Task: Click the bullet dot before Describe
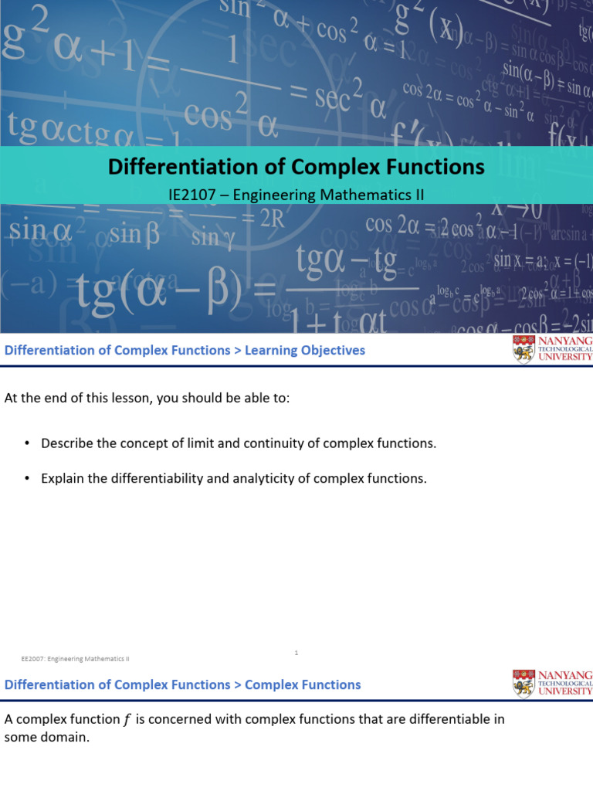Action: click(x=25, y=443)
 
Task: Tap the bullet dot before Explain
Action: click(x=25, y=478)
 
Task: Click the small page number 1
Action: click(x=296, y=653)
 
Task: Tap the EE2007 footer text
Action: click(x=75, y=659)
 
